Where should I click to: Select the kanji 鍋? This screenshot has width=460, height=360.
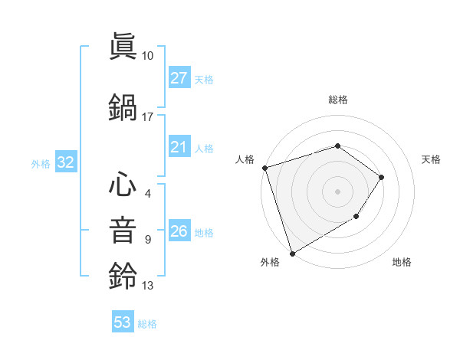[123, 107]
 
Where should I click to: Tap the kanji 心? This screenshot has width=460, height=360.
[123, 184]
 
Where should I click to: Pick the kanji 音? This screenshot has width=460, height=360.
[123, 230]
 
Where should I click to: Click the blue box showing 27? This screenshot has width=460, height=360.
[179, 78]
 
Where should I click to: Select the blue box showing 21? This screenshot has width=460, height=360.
[179, 148]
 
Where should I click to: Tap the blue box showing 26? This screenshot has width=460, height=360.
[179, 232]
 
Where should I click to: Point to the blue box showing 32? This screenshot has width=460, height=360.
[65, 162]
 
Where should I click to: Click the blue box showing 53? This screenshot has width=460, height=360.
[123, 322]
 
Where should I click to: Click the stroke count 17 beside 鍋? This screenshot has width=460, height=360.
[148, 117]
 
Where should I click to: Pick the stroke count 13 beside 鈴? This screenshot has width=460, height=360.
[148, 286]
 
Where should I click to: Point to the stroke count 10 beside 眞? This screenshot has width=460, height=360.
[148, 56]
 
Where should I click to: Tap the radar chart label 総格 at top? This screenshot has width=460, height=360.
[337, 100]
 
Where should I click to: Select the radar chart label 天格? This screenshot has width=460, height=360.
[431, 159]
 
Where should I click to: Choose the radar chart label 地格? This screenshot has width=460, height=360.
[402, 262]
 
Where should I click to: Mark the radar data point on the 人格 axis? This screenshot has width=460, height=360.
[264, 168]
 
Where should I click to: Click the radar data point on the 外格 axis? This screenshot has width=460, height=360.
[292, 253]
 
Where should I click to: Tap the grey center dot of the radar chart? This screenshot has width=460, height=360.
[337, 191]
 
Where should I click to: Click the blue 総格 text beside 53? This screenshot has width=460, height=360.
[147, 323]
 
